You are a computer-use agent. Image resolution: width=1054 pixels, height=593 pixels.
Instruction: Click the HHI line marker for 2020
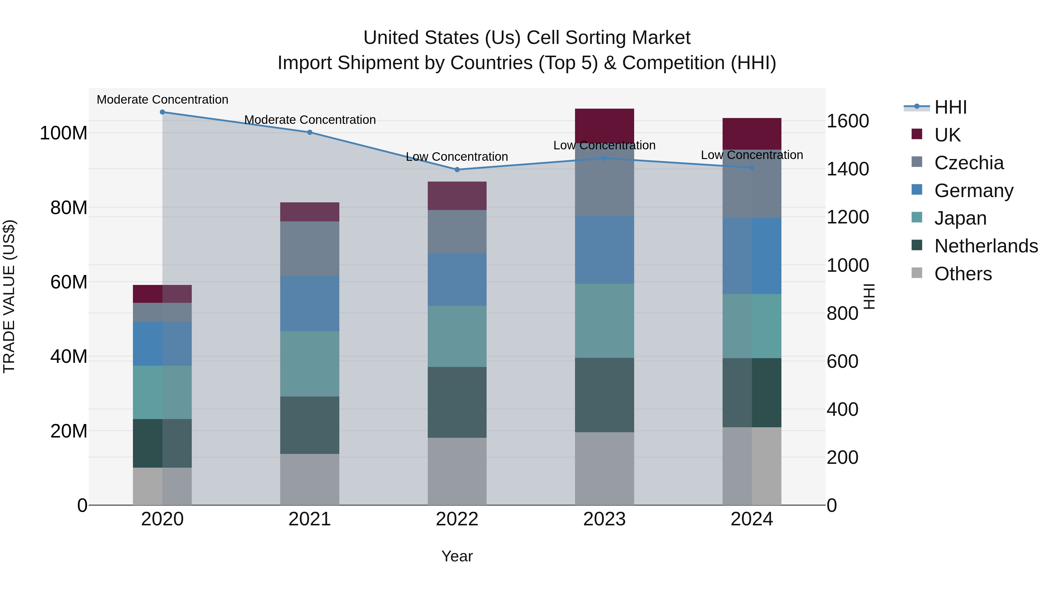click(x=162, y=112)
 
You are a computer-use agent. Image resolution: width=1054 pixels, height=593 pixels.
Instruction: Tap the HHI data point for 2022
click(x=457, y=170)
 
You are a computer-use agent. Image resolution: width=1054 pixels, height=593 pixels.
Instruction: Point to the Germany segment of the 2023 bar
click(x=604, y=249)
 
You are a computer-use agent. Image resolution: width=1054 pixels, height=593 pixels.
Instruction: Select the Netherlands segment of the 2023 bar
click(x=604, y=395)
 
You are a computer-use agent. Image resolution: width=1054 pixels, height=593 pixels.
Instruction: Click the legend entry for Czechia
click(x=969, y=163)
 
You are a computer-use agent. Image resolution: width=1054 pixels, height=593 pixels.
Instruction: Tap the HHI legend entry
click(x=950, y=107)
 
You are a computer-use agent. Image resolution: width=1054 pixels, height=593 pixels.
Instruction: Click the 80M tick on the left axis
click(x=69, y=208)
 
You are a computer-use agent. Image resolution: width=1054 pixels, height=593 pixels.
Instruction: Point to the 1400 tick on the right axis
click(x=847, y=169)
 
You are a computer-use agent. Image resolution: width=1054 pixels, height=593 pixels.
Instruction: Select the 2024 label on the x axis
click(x=752, y=519)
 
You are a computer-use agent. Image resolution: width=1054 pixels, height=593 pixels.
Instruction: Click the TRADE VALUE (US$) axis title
click(x=9, y=296)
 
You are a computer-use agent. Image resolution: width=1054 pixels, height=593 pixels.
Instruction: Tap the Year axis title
click(x=457, y=556)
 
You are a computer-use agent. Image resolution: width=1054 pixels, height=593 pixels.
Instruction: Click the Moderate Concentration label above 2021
click(x=310, y=120)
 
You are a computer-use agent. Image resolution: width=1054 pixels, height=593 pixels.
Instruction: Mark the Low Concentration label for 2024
click(x=752, y=155)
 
